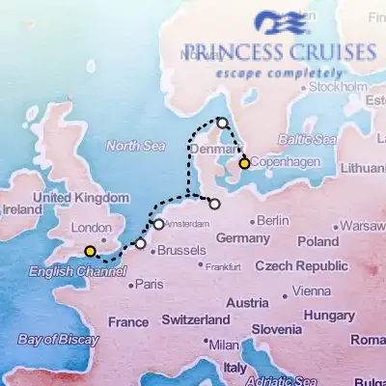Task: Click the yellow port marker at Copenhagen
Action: (x=245, y=164)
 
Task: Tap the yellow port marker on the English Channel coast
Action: (x=90, y=252)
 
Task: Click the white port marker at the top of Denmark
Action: (x=222, y=123)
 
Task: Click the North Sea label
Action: (x=130, y=146)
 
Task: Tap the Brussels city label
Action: (x=180, y=250)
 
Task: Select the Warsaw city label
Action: (x=363, y=226)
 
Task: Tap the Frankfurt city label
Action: (x=222, y=265)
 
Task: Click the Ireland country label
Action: (x=22, y=208)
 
